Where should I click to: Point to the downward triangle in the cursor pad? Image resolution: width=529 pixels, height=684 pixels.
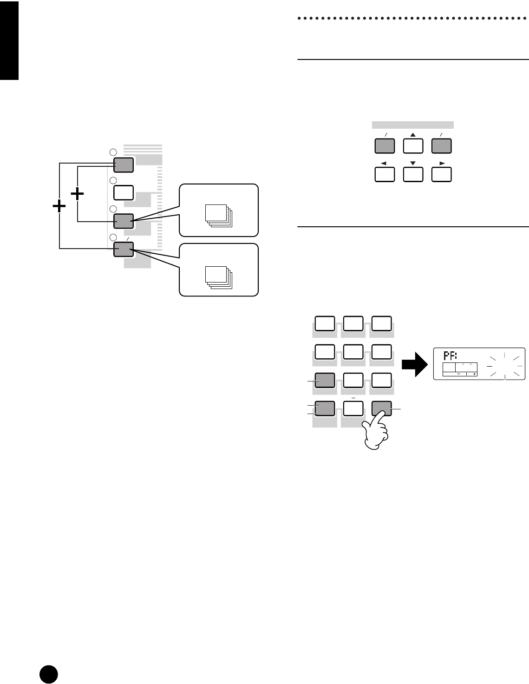tap(413, 164)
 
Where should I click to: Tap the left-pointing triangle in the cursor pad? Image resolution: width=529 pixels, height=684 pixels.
tap(384, 164)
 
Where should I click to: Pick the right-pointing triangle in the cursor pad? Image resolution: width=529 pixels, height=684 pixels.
tap(442, 164)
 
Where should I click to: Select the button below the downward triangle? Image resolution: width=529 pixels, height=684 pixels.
tap(413, 174)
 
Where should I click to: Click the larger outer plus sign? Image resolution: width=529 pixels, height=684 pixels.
tap(59, 207)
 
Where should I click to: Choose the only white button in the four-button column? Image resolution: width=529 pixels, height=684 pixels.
tap(124, 192)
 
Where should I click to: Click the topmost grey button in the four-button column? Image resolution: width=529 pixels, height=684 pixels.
tap(124, 164)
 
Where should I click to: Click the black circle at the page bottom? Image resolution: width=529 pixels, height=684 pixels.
tap(48, 673)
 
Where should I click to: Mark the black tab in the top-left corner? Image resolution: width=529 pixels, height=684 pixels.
tap(9, 40)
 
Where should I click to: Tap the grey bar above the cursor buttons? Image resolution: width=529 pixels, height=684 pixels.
tap(413, 125)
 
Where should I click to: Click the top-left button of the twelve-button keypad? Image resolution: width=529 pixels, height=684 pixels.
tap(325, 324)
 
